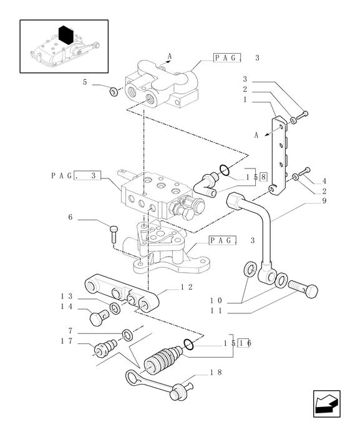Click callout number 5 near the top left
(85, 82)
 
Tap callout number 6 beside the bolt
(71, 217)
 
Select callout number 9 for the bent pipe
(324, 200)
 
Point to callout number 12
(187, 287)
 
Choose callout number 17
(67, 341)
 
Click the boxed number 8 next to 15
(263, 177)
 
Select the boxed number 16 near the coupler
(245, 343)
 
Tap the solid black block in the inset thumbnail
(66, 35)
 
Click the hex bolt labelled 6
(114, 234)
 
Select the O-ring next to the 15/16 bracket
(188, 344)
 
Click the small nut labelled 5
(114, 91)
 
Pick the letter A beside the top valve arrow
(170, 56)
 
